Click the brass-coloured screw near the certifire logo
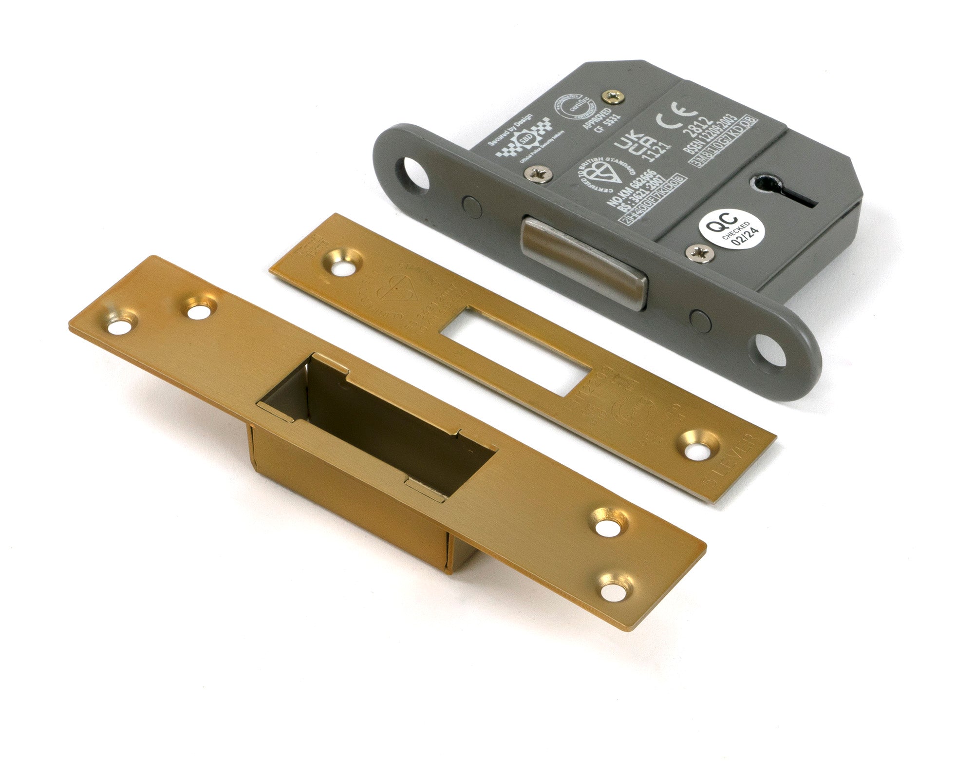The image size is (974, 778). pyautogui.click(x=612, y=97)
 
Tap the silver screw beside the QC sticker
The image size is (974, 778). pyautogui.click(x=697, y=252)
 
